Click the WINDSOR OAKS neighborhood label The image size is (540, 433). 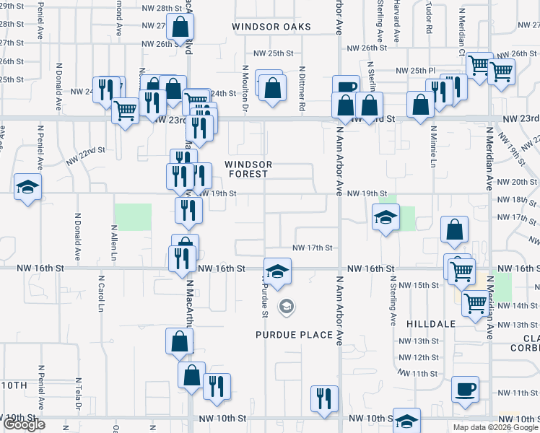[x=271, y=27]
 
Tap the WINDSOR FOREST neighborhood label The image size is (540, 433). [x=248, y=169]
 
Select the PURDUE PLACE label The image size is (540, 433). [x=295, y=335]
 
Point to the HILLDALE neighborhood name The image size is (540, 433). [x=431, y=324]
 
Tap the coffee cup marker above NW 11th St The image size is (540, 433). [x=464, y=389]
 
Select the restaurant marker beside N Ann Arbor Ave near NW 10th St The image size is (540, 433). [x=324, y=398]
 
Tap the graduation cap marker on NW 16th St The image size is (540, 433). [x=276, y=271]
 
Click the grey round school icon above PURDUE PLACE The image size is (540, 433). [x=287, y=307]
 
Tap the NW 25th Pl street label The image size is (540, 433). [x=414, y=70]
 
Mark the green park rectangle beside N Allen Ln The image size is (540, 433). [x=134, y=217]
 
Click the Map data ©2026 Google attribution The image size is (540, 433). [x=495, y=427]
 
